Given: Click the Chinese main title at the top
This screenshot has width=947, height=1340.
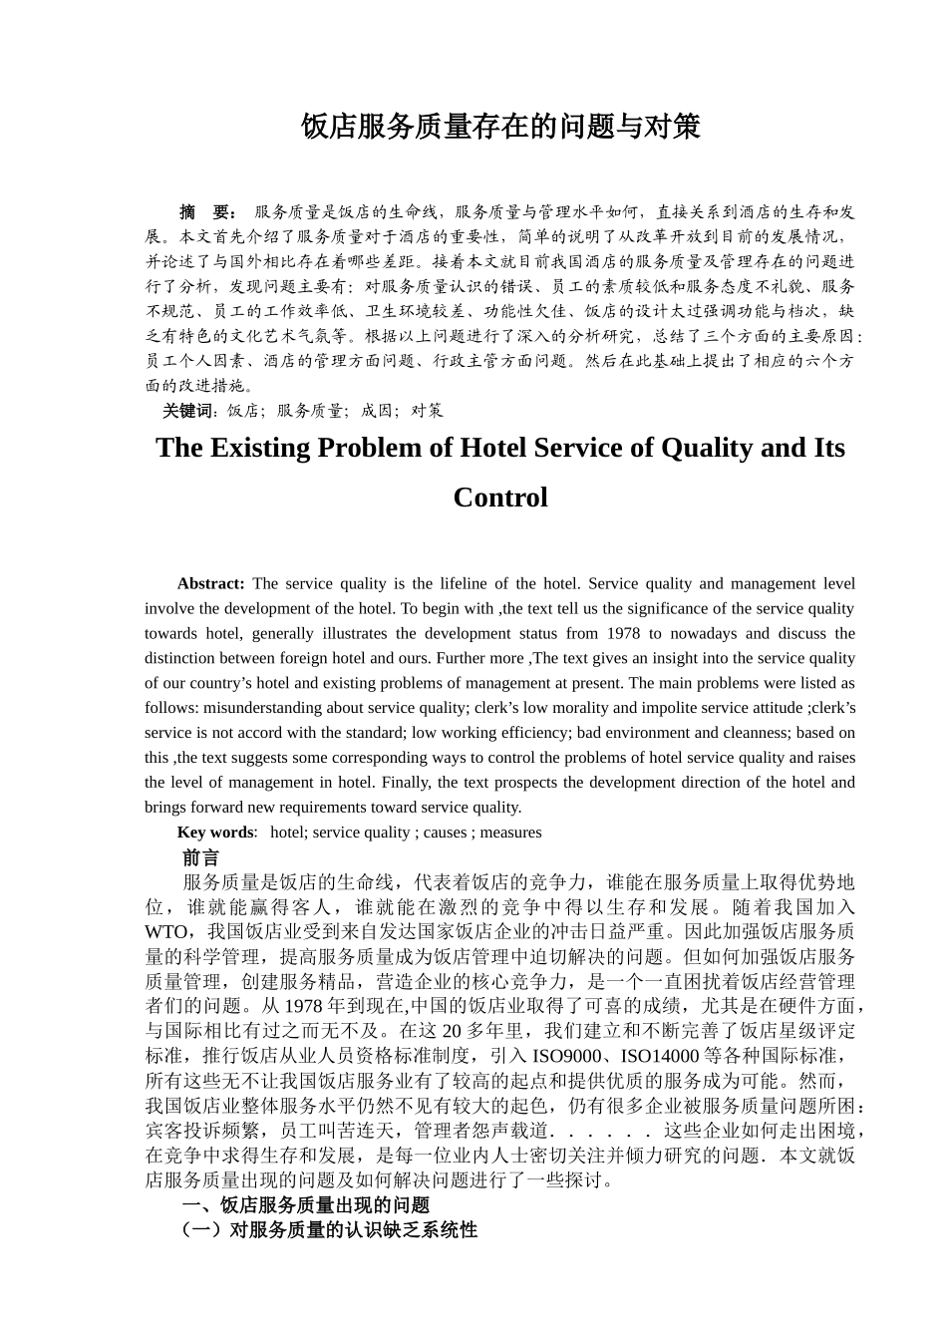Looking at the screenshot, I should point(500,127).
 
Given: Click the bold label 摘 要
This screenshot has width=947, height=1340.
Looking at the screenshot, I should point(207,212).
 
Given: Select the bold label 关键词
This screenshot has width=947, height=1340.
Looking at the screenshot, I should point(188,411).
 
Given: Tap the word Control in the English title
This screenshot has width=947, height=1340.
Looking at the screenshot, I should point(500,498).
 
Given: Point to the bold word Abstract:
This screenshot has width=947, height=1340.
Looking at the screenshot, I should point(210,584).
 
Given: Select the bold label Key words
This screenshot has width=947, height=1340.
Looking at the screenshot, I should point(215,833).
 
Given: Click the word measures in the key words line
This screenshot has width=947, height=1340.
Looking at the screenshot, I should point(510,833).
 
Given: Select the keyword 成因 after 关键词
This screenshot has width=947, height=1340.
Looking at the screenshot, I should point(376,411).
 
